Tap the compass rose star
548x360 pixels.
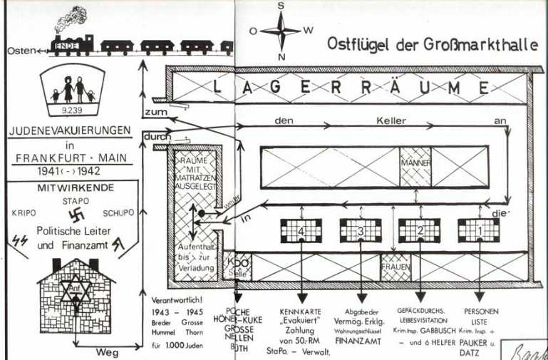coord(281,31)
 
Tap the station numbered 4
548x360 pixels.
coord(301,230)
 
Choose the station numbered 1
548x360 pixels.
coord(478,230)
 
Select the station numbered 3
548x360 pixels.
coord(360,230)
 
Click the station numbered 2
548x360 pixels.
coord(420,230)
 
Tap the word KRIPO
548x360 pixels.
coord(24,212)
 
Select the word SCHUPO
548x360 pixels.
coord(118,212)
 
